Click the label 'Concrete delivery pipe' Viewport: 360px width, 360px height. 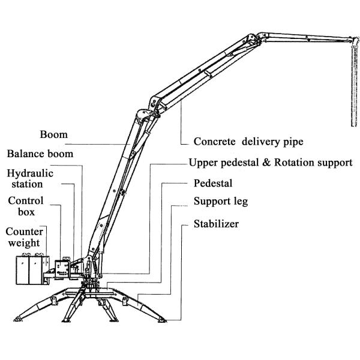coord(248,142)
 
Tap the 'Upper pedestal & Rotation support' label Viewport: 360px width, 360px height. coord(270,163)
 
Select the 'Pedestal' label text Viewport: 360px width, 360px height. coord(212,182)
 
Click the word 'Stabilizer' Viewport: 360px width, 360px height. coord(216,224)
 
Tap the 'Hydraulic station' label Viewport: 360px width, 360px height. coord(29,178)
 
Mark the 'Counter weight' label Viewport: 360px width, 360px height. coord(23,237)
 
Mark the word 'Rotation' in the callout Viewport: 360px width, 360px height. coord(291,163)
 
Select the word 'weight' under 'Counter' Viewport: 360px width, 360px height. coord(23,243)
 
